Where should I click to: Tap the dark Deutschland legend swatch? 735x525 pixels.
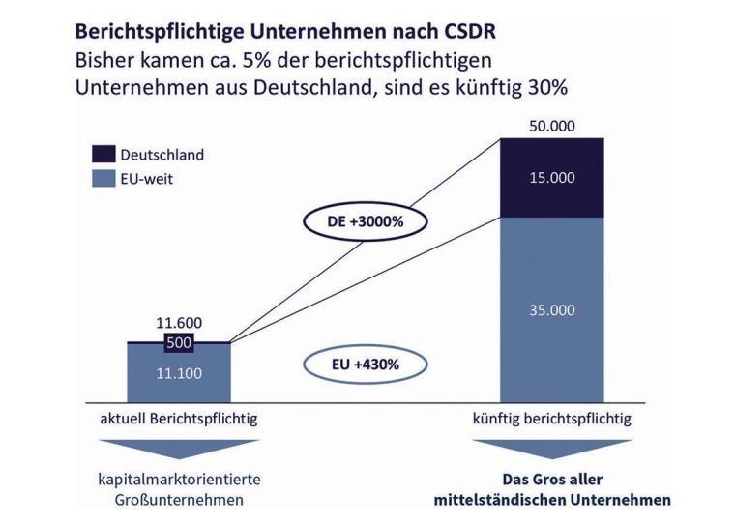click(x=103, y=154)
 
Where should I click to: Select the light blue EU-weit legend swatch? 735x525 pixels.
click(x=103, y=178)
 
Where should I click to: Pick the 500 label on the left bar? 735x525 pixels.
click(x=180, y=342)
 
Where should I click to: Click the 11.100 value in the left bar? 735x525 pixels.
click(x=179, y=372)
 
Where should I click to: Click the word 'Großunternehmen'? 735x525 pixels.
click(x=179, y=500)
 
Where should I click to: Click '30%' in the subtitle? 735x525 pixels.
click(x=544, y=87)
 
